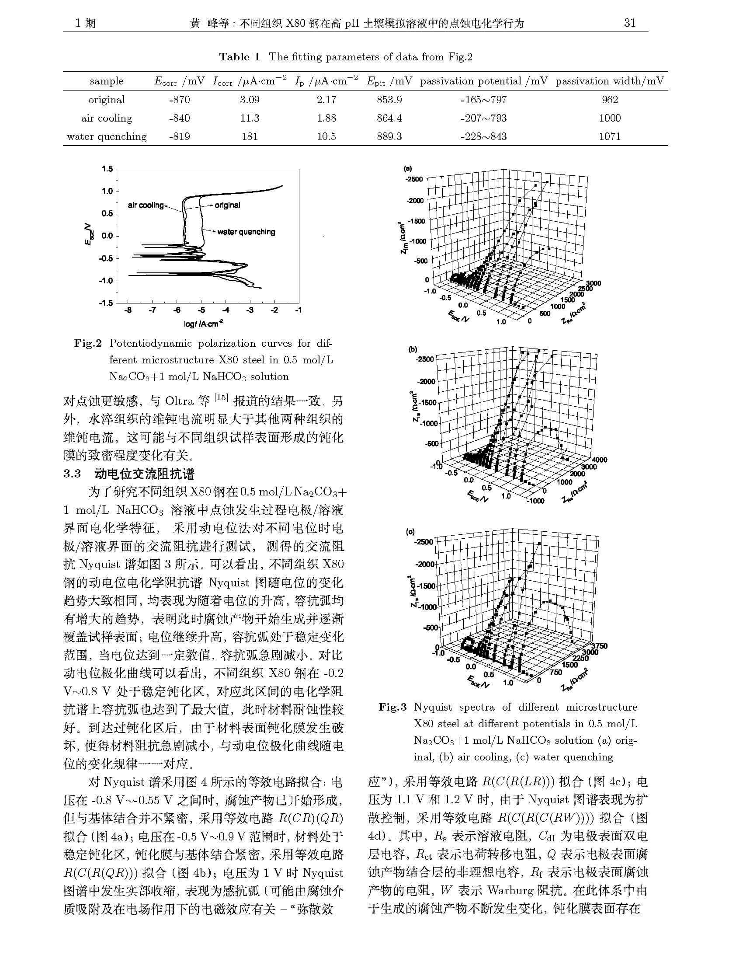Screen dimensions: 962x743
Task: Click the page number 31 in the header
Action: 630,23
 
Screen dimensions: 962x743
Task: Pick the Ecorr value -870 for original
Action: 179,100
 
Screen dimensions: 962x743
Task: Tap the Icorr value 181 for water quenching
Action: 250,136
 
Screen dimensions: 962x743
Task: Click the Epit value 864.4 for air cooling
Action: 389,118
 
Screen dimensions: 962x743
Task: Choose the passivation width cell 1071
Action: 610,136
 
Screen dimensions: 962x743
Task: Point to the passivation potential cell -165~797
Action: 483,100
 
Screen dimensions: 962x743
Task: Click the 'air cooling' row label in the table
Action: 107,118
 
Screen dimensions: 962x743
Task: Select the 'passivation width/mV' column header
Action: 610,81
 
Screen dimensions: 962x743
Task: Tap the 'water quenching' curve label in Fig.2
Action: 246,232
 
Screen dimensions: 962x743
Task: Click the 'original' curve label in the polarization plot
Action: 228,205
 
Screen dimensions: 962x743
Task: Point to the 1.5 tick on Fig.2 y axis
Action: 107,169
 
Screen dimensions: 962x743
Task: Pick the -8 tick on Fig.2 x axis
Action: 128,310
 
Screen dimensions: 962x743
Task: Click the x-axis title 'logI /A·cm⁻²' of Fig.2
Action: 204,324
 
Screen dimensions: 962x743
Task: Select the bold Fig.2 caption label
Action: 88,343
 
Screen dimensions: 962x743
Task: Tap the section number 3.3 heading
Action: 72,474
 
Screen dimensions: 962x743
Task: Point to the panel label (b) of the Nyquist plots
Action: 413,350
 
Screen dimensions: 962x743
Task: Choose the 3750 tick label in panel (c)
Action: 599,646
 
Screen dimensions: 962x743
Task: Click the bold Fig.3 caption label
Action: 392,707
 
